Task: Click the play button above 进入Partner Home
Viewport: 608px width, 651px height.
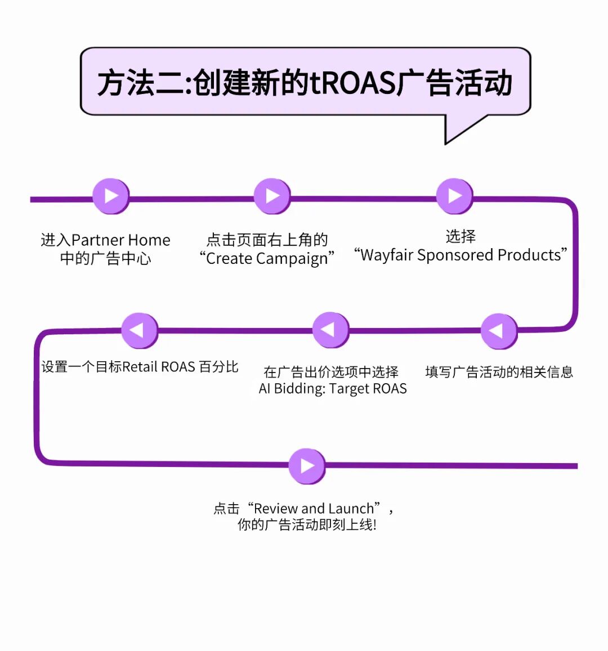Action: pos(111,196)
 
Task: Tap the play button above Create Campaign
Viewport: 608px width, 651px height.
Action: pos(272,196)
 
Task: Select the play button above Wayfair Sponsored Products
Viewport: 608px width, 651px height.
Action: pos(454,196)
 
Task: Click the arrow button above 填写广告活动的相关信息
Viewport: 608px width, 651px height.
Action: pos(498,331)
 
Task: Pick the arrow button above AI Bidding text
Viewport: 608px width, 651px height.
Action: pos(330,330)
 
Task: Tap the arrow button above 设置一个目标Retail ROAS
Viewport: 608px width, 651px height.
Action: pos(139,330)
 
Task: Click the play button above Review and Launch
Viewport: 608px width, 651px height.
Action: pos(307,466)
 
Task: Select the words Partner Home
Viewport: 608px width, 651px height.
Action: pos(121,240)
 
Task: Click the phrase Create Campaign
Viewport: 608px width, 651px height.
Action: pos(267,259)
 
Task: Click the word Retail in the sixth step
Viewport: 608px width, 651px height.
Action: pos(140,367)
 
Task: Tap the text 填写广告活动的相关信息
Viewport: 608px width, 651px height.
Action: pos(499,372)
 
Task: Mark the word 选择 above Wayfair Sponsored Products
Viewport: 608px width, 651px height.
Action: pos(461,236)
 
